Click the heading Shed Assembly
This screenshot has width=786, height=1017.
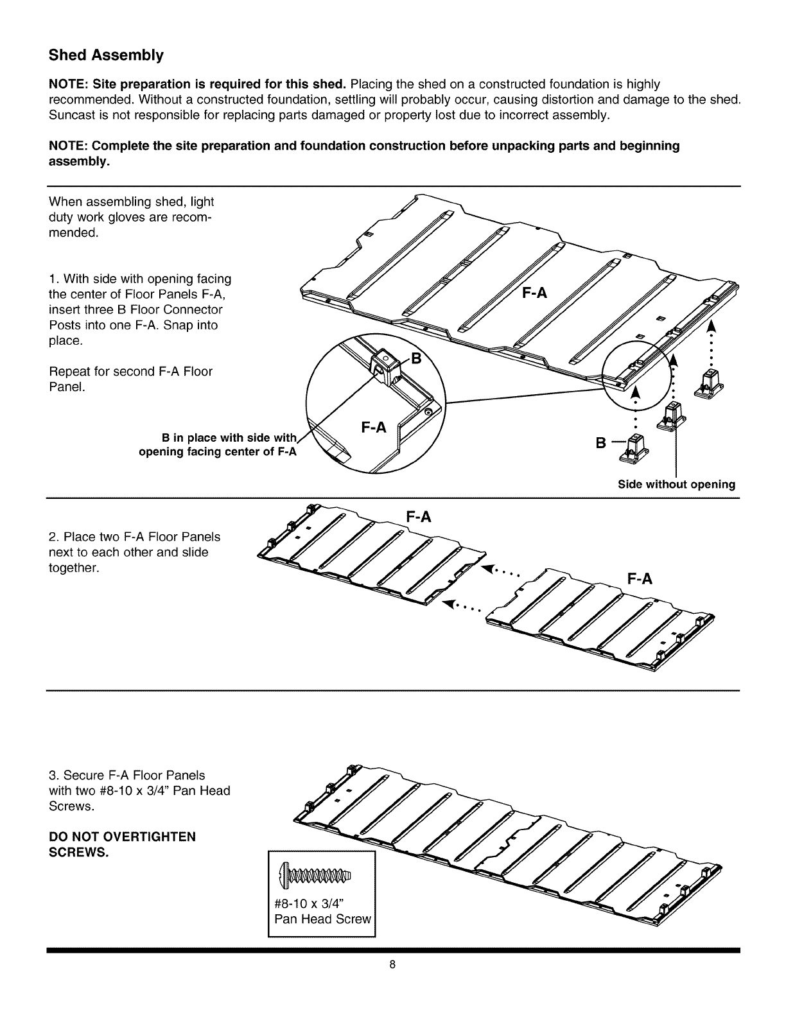click(107, 55)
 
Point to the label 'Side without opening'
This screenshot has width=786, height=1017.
click(676, 484)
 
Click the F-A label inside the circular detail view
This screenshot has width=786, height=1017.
click(373, 428)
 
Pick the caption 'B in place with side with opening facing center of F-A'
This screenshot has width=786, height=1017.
click(220, 445)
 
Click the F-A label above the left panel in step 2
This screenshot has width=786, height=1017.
click(418, 517)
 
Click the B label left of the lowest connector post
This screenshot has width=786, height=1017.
click(600, 443)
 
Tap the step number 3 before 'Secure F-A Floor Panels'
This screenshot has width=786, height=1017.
click(52, 775)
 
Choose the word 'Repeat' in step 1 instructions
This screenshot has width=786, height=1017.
click(67, 372)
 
